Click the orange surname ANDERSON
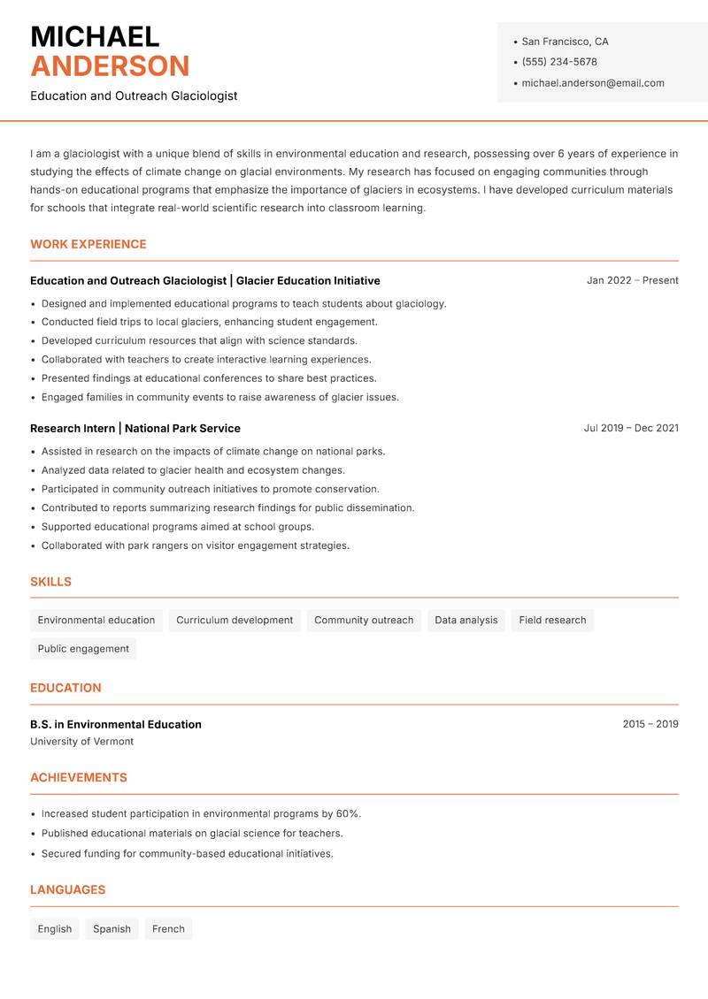tap(110, 66)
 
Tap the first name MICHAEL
tap(95, 36)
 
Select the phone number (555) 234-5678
tap(559, 62)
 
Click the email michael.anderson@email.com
tap(593, 83)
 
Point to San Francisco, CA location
tap(565, 42)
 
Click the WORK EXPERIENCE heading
tap(88, 244)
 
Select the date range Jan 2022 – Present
tap(632, 280)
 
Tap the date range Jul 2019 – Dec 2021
tap(631, 428)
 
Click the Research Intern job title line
tap(135, 428)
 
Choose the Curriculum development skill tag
tap(235, 621)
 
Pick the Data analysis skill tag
tap(466, 621)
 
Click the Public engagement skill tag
tap(83, 649)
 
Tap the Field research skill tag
tap(552, 621)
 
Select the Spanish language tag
tap(112, 929)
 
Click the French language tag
tap(168, 929)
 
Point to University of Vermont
tap(81, 742)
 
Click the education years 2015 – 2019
tap(650, 724)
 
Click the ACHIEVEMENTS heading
tap(79, 778)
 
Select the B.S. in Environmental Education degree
tap(116, 724)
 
